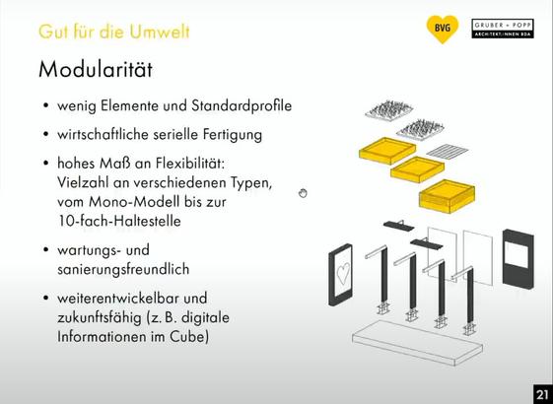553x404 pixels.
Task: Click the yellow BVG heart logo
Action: (x=443, y=29)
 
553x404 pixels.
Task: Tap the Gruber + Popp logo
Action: (x=503, y=29)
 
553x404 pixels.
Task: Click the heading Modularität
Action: (x=96, y=69)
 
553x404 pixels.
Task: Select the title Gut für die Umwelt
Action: (x=114, y=32)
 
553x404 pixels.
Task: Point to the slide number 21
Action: (x=542, y=394)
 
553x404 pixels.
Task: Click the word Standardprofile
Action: (x=242, y=105)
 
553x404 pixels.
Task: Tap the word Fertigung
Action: (x=232, y=135)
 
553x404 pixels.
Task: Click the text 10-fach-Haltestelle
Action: (x=119, y=221)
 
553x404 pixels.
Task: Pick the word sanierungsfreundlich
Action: (x=123, y=269)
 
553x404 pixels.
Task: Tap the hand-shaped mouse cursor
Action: (x=303, y=193)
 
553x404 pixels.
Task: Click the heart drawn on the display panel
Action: (x=343, y=273)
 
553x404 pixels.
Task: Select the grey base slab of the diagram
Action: (x=418, y=342)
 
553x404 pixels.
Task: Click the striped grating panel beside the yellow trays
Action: (x=448, y=150)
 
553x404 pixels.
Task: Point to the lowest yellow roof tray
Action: (x=447, y=196)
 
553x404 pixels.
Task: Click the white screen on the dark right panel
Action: (x=516, y=255)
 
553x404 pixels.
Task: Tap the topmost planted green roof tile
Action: (x=389, y=109)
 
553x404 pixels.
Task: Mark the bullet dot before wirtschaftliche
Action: (x=45, y=134)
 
